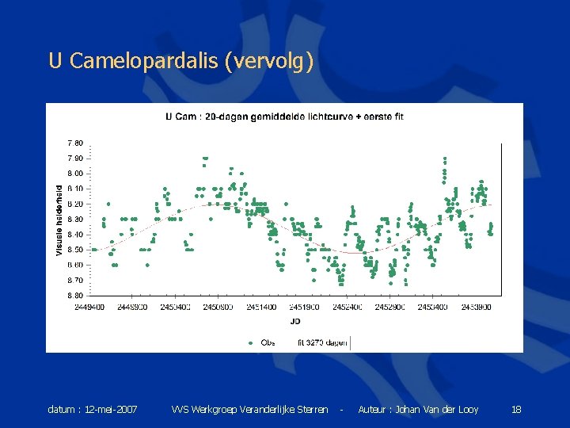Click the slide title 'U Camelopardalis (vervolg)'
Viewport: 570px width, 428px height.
tap(181, 61)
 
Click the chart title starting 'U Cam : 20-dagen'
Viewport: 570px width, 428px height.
tap(284, 117)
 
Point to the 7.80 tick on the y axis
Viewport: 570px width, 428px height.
tap(74, 143)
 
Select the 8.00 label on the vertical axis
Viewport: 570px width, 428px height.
tap(74, 174)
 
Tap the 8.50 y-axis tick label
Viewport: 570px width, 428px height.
tap(74, 250)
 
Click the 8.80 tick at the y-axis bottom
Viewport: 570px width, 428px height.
tap(74, 296)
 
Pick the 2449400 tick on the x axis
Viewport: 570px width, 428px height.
tap(89, 307)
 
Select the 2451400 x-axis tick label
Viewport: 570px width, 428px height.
tap(261, 307)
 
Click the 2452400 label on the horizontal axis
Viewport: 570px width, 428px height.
tap(348, 307)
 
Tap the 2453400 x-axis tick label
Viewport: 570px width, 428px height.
tap(433, 307)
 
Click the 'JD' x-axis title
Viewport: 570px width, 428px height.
tap(295, 321)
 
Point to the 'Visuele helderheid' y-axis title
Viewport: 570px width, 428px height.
tap(59, 220)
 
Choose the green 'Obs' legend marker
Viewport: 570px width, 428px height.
tap(251, 342)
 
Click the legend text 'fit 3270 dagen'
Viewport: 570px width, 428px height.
tap(322, 342)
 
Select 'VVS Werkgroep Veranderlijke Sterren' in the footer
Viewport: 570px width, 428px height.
tap(249, 410)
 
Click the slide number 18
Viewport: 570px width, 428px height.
tap(516, 410)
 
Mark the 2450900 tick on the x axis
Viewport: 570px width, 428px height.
tap(218, 307)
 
